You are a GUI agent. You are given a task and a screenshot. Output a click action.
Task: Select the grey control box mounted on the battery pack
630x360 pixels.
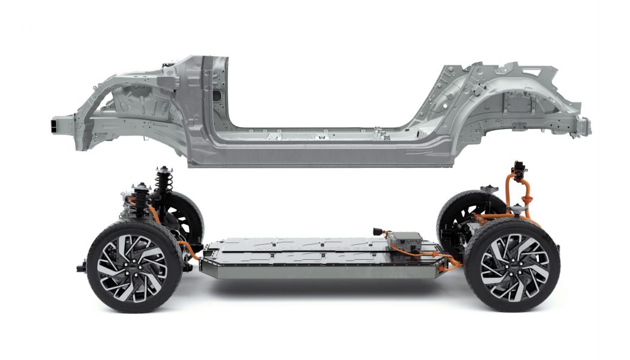tap(404, 240)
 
